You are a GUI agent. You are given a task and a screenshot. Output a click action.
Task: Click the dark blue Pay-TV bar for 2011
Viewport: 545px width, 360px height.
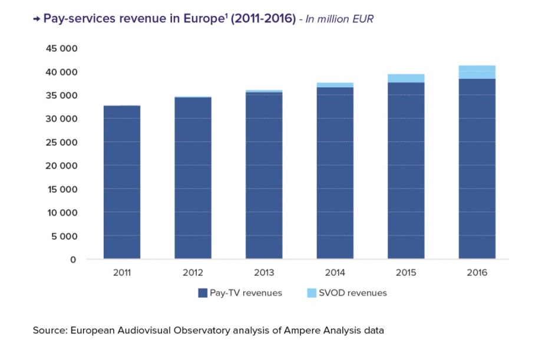click(122, 183)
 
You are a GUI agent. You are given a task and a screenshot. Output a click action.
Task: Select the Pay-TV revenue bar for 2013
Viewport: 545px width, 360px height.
click(264, 177)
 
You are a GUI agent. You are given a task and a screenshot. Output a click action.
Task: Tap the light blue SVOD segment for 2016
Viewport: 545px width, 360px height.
click(477, 72)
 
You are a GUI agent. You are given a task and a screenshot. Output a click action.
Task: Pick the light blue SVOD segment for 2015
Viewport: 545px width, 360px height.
click(406, 78)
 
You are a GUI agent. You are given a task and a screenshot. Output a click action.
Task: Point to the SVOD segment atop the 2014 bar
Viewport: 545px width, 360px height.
click(335, 85)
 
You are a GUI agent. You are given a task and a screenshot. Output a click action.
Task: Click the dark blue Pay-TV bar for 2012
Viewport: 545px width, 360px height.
click(193, 179)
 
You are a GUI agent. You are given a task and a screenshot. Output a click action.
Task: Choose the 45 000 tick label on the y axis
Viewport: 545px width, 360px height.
click(61, 48)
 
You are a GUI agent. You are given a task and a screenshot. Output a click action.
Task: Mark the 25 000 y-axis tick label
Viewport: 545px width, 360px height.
click(61, 142)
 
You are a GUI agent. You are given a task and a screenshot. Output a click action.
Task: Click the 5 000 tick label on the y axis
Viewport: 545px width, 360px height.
click(64, 236)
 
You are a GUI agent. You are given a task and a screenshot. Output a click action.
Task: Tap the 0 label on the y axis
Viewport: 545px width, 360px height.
click(74, 259)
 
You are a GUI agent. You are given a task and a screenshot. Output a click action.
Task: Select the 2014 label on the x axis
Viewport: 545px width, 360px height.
click(335, 273)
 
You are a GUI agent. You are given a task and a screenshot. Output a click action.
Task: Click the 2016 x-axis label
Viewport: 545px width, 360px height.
click(477, 273)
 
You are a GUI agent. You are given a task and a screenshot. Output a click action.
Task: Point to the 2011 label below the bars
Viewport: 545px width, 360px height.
click(122, 273)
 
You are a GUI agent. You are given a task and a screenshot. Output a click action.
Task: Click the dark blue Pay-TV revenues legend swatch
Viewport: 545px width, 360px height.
click(203, 293)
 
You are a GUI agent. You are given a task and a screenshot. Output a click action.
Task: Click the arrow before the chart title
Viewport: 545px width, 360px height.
click(36, 19)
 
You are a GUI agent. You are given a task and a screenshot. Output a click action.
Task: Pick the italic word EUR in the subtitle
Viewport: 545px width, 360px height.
click(363, 19)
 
